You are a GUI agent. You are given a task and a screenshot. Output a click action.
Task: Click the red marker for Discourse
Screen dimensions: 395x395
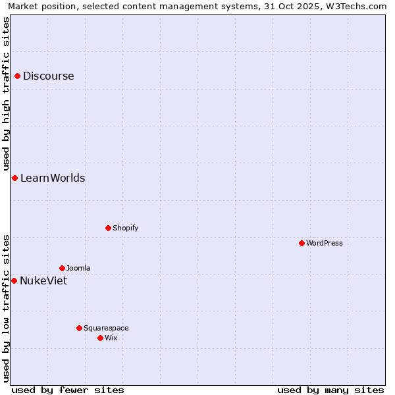coord(18,76)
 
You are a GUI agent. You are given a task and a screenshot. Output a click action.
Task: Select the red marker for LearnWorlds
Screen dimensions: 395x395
coord(14,178)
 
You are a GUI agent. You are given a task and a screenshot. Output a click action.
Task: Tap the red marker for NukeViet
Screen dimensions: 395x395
coord(14,281)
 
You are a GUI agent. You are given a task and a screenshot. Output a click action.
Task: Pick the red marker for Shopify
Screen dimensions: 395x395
coord(108,228)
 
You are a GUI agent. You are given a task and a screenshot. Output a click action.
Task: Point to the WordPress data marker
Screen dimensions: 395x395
coord(302,244)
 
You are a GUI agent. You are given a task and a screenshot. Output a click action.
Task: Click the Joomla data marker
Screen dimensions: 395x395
coord(62,269)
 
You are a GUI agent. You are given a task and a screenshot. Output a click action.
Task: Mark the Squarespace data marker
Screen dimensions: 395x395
coord(79,328)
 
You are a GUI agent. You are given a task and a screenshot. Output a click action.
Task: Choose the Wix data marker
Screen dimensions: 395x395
coord(100,338)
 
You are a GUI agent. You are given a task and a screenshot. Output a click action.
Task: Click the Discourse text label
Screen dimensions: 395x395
coord(49,76)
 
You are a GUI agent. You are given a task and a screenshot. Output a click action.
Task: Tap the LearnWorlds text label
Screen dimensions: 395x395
coord(53,178)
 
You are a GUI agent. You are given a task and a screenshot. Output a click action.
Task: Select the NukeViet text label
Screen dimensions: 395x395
coord(43,281)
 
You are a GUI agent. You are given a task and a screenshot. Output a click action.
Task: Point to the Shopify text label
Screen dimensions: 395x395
coord(125,228)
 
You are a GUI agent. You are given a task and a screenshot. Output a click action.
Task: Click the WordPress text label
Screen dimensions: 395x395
coord(325,244)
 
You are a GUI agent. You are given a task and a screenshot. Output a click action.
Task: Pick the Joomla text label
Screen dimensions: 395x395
coord(78,269)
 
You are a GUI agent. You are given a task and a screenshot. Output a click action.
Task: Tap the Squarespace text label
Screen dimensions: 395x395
coord(106,328)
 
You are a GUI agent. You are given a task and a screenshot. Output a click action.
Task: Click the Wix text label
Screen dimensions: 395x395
coord(111,338)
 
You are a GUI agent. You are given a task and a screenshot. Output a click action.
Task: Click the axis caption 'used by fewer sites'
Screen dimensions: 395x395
coord(68,390)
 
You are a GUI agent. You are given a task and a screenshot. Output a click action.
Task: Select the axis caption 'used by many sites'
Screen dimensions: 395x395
coord(330,390)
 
